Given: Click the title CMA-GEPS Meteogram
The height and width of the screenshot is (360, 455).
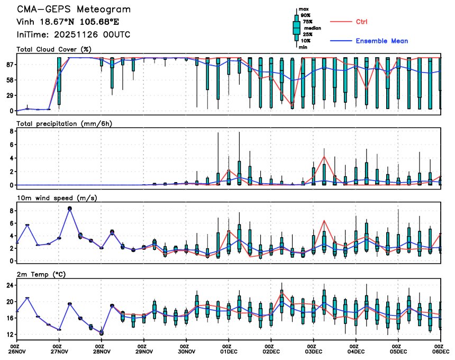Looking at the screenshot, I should coord(74,10).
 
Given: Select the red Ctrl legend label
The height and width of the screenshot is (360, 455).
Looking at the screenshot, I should coord(362,22).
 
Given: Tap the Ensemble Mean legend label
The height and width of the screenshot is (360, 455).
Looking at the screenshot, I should coord(381,41).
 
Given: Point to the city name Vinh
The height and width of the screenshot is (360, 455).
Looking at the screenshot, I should coord(26,22).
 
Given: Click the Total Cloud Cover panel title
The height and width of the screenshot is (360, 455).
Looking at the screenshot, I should coord(53,49).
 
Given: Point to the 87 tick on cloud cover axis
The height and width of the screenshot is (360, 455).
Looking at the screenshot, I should coord(9,65).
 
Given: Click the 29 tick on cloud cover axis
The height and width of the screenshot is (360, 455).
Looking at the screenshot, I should coord(9,95).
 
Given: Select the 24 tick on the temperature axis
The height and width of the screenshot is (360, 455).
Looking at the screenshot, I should coord(9,285).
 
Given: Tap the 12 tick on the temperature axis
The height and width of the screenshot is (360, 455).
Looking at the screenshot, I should coord(9,335).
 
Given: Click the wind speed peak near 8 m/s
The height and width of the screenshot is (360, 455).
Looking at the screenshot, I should coord(69,209).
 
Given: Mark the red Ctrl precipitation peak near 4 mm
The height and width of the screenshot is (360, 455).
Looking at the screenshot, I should coord(324,156).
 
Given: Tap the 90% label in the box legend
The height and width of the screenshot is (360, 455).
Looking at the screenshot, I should coord(306,16).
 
